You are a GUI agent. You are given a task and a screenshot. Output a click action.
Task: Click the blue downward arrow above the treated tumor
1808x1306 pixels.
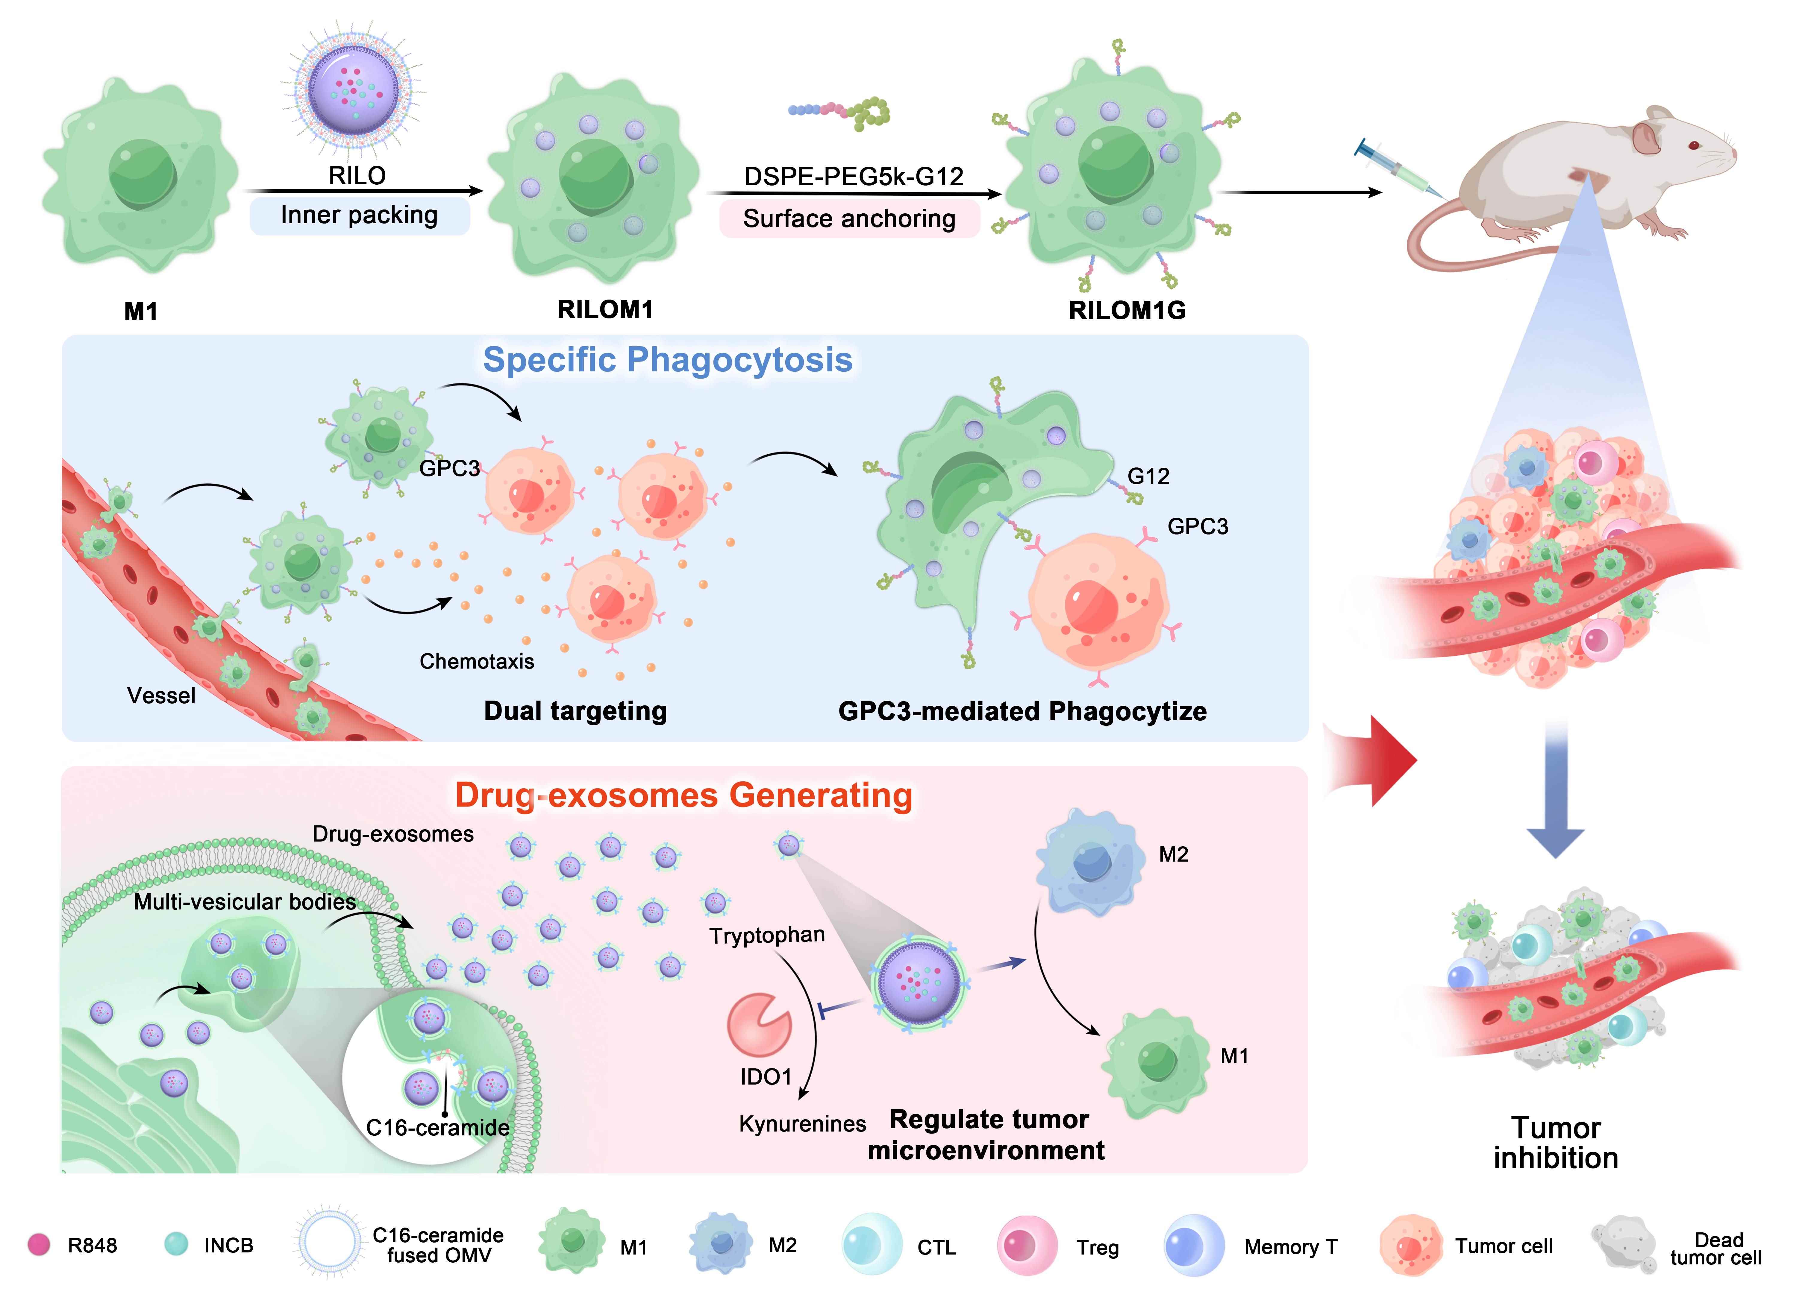click(1555, 789)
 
